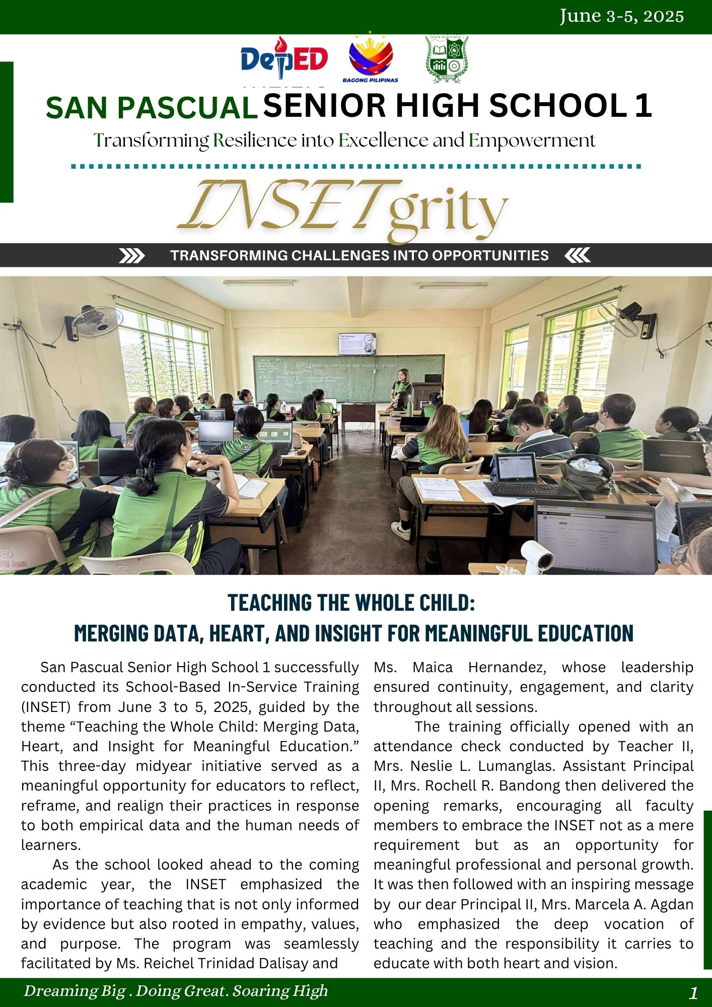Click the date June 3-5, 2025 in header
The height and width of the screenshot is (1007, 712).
click(621, 17)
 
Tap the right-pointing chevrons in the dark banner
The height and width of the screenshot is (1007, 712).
click(131, 256)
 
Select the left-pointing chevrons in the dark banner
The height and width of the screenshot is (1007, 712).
click(577, 256)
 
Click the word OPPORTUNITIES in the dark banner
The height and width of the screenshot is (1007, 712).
click(490, 256)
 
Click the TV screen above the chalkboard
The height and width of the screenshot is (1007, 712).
click(357, 343)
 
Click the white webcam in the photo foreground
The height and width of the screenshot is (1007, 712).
click(538, 556)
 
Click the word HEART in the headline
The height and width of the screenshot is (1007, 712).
click(235, 633)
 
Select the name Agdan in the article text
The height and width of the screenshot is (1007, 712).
click(672, 904)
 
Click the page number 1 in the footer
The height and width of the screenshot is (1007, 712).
click(693, 993)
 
